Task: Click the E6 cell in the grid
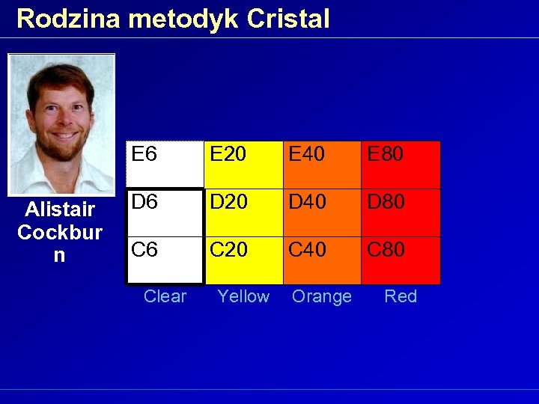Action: click(165, 165)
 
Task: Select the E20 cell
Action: click(243, 165)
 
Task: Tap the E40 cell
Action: click(322, 165)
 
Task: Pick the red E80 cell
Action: click(401, 165)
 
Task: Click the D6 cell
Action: click(165, 212)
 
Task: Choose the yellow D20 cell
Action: click(243, 212)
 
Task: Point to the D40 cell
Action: click(322, 212)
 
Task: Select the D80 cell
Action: click(401, 212)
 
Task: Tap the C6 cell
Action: click(165, 260)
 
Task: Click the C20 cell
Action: click(243, 260)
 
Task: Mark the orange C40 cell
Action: click(322, 260)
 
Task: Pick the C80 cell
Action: click(401, 260)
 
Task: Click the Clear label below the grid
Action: click(165, 296)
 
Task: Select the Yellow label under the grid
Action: click(243, 296)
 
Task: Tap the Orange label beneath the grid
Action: click(322, 296)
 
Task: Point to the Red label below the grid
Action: click(401, 296)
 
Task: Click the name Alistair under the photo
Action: click(60, 209)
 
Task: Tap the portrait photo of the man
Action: click(61, 124)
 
